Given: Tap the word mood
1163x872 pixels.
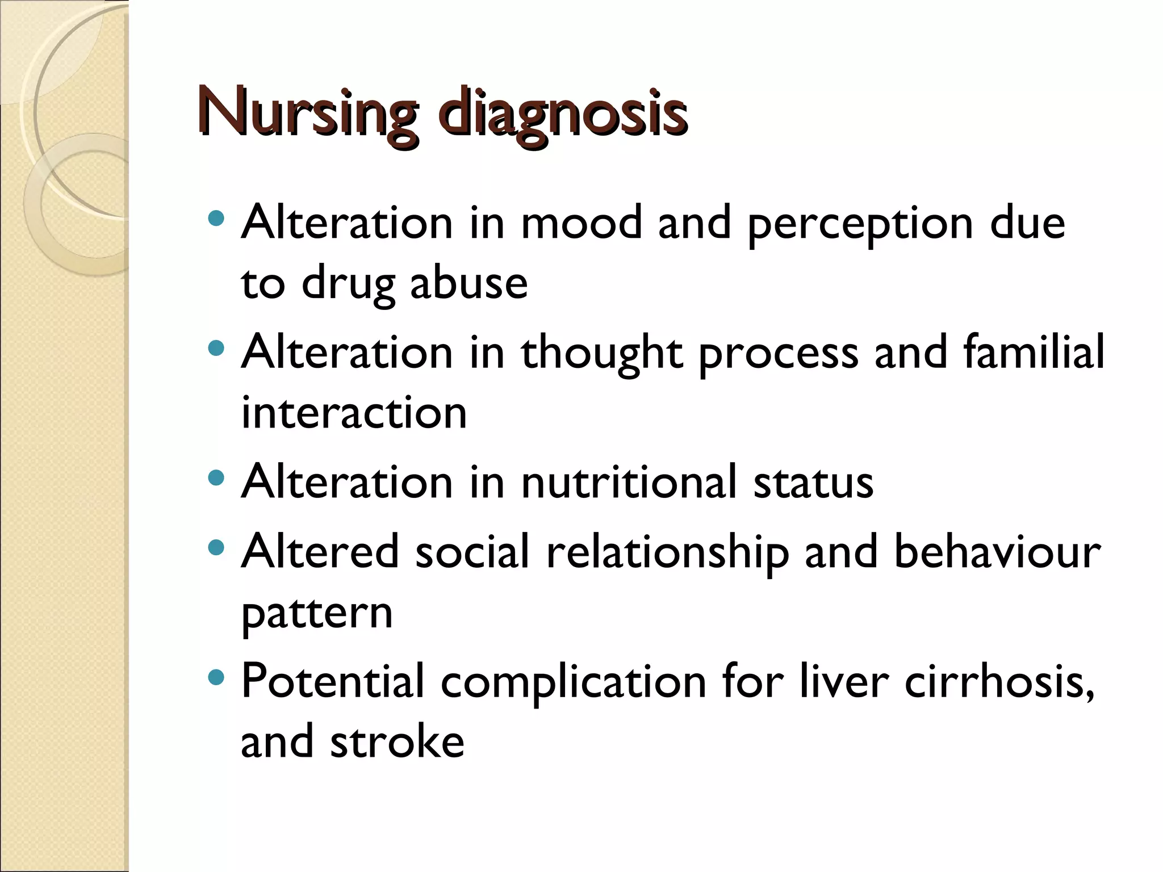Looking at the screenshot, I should pos(581,223).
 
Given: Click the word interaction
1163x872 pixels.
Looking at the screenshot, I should pos(354,413).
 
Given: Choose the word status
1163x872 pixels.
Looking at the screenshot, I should pos(813,483).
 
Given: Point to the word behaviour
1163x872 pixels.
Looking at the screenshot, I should pos(997,552).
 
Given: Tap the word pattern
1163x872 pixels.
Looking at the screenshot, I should pos(317,615).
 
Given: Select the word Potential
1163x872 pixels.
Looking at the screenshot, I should pos(333,681).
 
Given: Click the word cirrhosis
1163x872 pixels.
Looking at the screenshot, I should pos(999,682).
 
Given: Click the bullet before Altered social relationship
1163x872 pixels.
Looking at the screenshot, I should pos(216,548).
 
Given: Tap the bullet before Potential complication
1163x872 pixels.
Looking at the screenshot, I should pos(216,677).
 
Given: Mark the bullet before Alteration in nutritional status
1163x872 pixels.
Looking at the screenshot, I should pos(216,478).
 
